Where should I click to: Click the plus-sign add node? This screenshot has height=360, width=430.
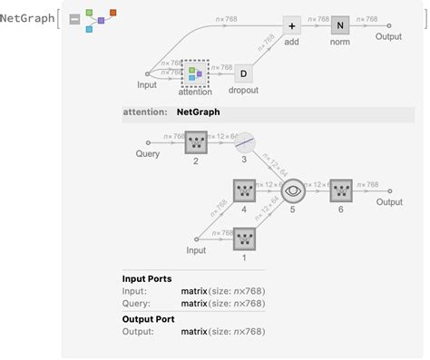pyautogui.click(x=291, y=26)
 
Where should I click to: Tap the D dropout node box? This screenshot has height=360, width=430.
pyautogui.click(x=243, y=73)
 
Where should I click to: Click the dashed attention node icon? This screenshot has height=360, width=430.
pyautogui.click(x=195, y=73)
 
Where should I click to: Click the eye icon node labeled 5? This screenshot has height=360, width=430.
pyautogui.click(x=293, y=191)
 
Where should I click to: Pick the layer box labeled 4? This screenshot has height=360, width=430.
pyautogui.click(x=244, y=191)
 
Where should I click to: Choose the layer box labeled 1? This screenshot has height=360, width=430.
pyautogui.click(x=244, y=238)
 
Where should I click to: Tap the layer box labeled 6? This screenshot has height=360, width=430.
pyautogui.click(x=341, y=191)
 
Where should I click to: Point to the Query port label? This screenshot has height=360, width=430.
pyautogui.click(x=146, y=154)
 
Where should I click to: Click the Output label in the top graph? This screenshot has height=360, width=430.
pyautogui.click(x=389, y=39)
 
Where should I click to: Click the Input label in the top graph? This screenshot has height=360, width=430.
pyautogui.click(x=147, y=86)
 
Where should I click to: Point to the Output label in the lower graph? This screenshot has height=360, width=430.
pyautogui.click(x=389, y=203)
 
